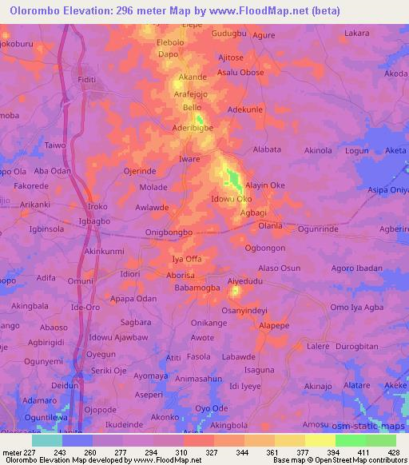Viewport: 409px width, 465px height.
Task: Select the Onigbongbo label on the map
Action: (x=169, y=232)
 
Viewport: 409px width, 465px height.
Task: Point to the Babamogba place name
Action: (x=197, y=287)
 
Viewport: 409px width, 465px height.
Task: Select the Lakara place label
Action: (x=356, y=34)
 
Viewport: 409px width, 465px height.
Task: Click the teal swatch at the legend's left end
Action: (x=47, y=440)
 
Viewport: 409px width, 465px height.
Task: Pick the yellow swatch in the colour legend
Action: (x=320, y=440)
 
